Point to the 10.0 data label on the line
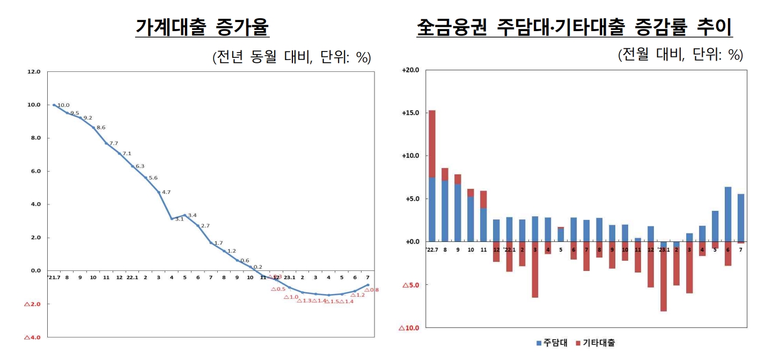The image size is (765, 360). click(x=63, y=105)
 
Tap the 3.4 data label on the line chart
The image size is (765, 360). click(x=192, y=215)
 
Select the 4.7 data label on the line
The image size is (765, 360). click(x=166, y=192)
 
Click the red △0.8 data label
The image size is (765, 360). click(x=371, y=290)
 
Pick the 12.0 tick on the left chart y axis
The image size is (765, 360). click(x=34, y=71)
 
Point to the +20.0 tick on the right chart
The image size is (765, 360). click(x=410, y=70)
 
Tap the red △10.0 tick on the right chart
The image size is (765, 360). click(x=409, y=328)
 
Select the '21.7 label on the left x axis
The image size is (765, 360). click(x=54, y=277)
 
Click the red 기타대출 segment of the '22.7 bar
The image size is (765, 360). click(x=432, y=144)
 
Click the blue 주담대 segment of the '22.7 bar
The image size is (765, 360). click(x=432, y=209)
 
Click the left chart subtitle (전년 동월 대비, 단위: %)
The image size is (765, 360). click(x=292, y=57)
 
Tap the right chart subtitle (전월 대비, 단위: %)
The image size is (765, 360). click(x=680, y=55)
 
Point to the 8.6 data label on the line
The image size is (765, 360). click(x=101, y=128)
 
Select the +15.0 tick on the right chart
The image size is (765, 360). click(x=410, y=113)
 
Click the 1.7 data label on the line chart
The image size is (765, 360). click(x=218, y=243)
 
